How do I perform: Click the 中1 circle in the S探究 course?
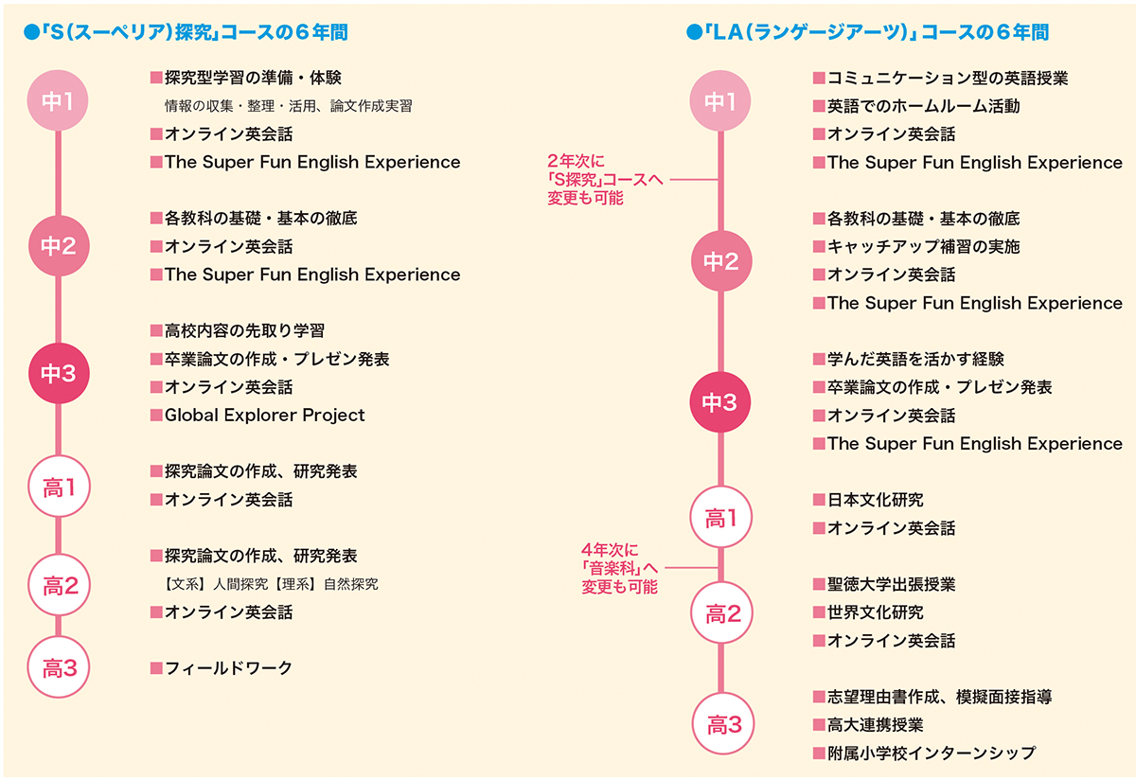pyautogui.click(x=59, y=101)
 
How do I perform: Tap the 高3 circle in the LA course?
pyautogui.click(x=722, y=726)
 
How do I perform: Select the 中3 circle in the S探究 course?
pyautogui.click(x=59, y=374)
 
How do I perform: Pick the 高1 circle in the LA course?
pyautogui.click(x=722, y=518)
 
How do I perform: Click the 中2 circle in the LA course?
pyautogui.click(x=722, y=261)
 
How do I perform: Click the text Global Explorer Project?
pyautogui.click(x=264, y=416)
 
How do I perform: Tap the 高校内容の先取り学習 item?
pyautogui.click(x=243, y=331)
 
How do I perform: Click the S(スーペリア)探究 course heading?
pyautogui.click(x=187, y=31)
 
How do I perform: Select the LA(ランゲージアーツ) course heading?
pyautogui.click(x=869, y=31)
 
